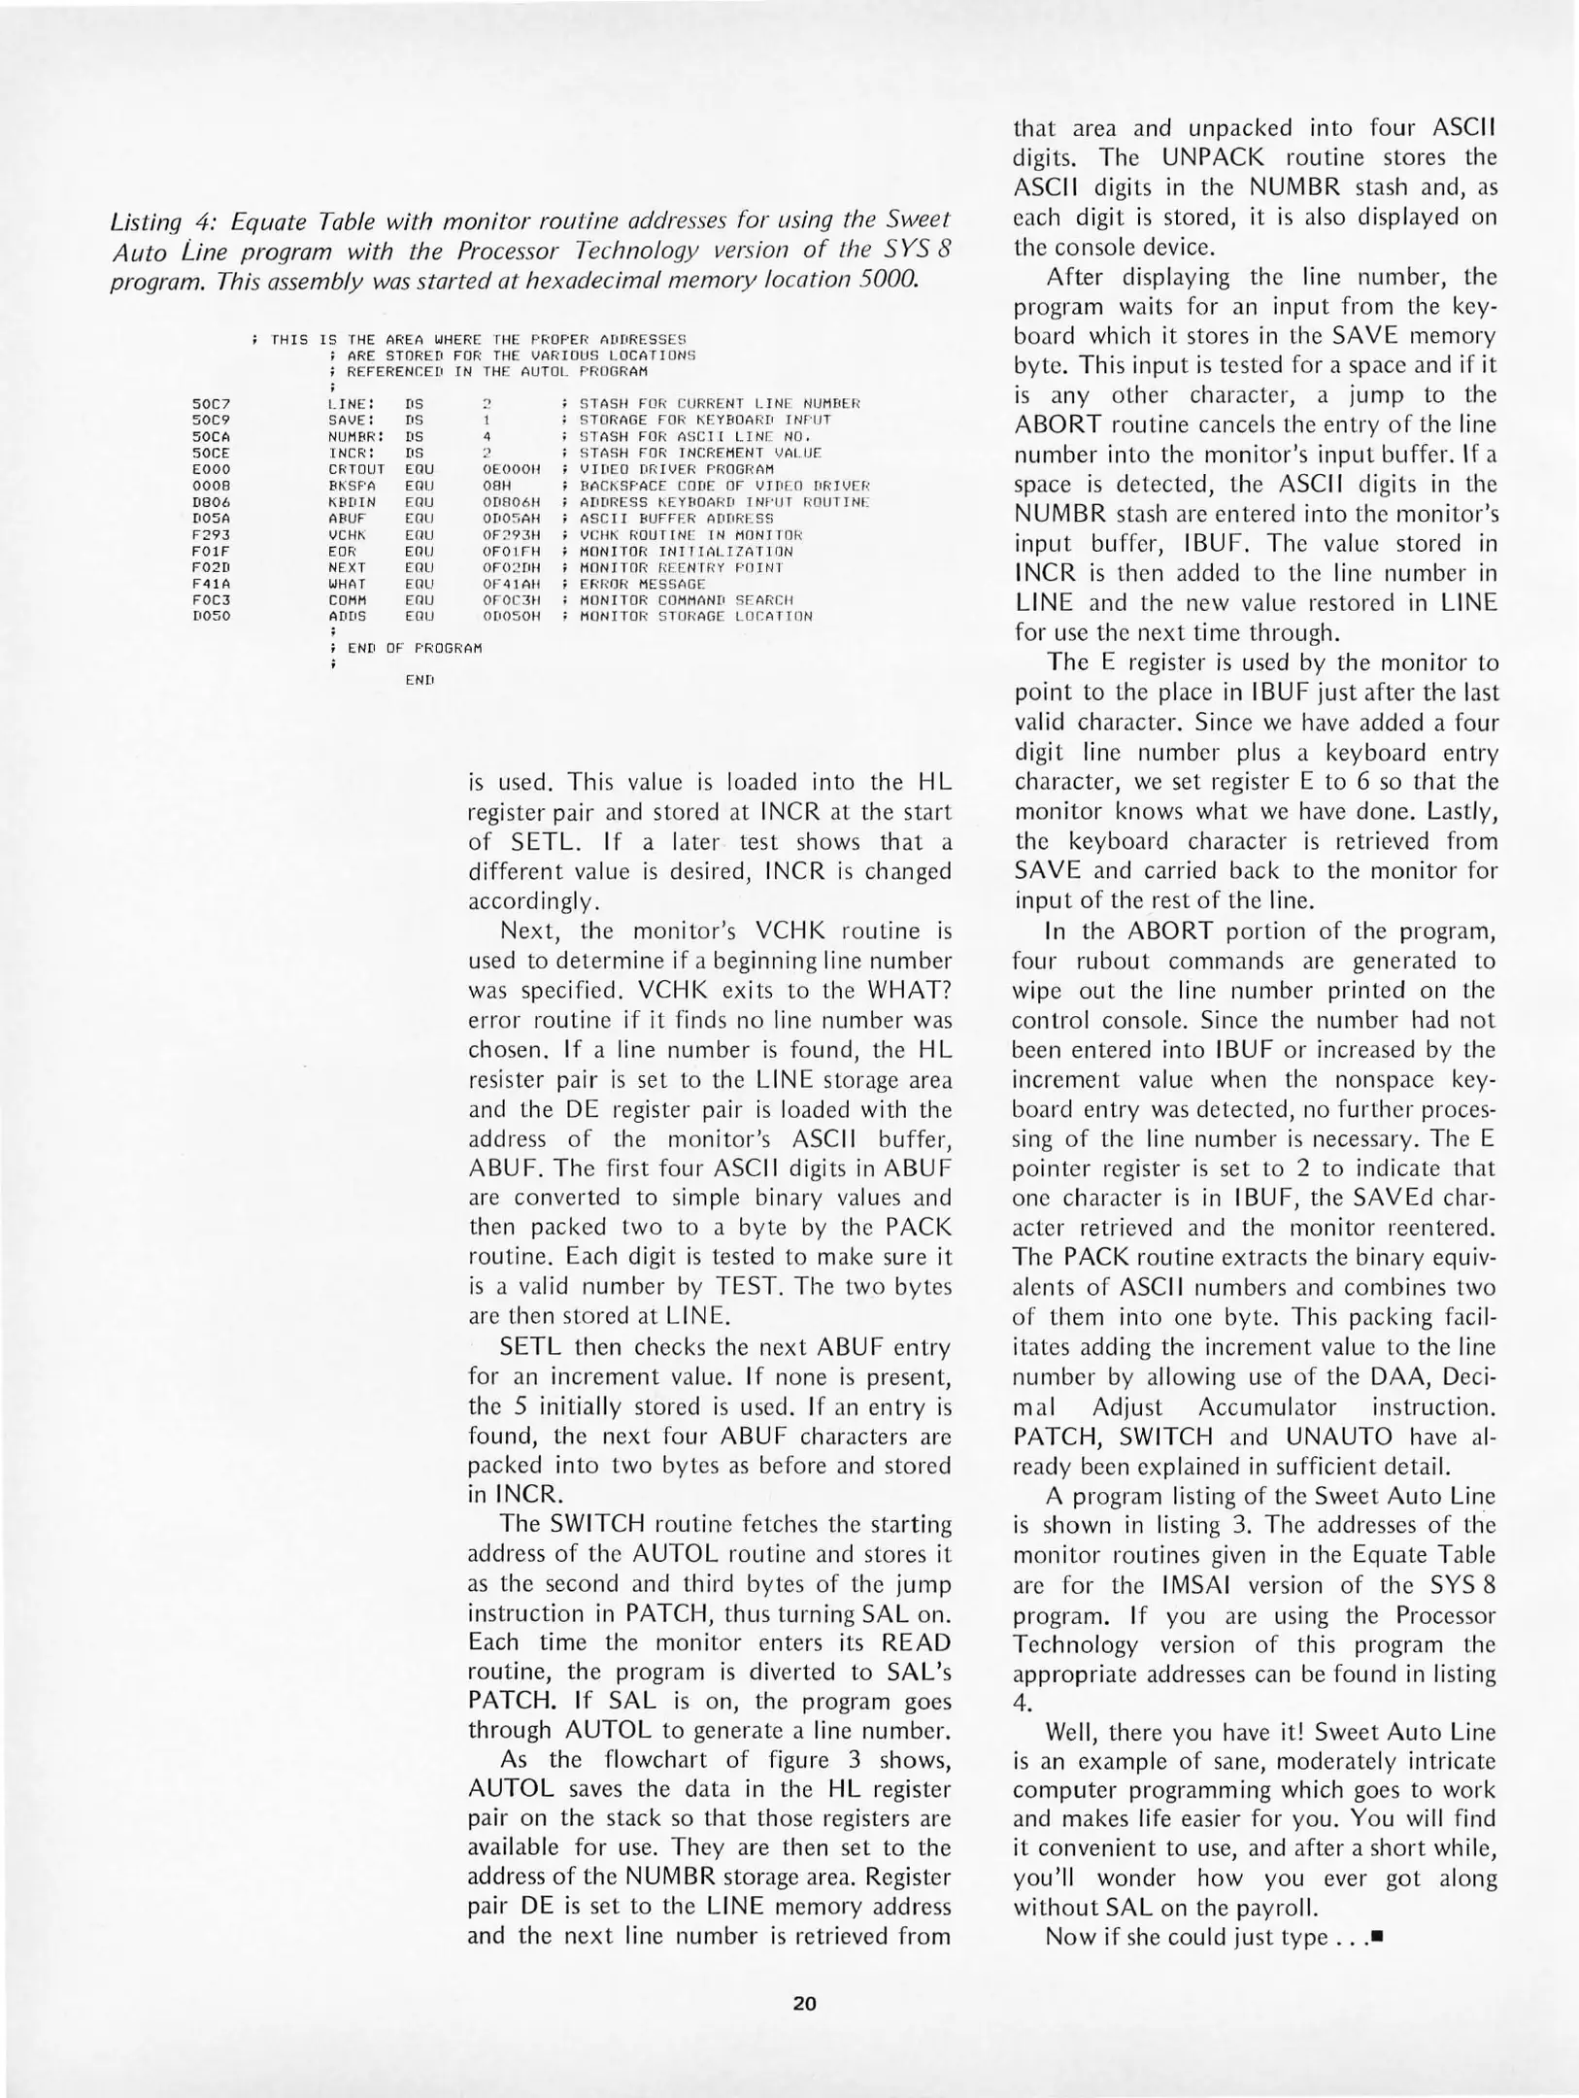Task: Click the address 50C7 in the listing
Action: tap(211, 403)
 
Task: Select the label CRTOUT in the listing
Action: tap(356, 469)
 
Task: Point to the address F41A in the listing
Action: tap(211, 584)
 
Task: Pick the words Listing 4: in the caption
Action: tap(156, 221)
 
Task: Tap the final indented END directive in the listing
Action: tap(420, 680)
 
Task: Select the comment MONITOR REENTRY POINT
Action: tap(681, 567)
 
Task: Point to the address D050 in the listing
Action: tap(211, 616)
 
